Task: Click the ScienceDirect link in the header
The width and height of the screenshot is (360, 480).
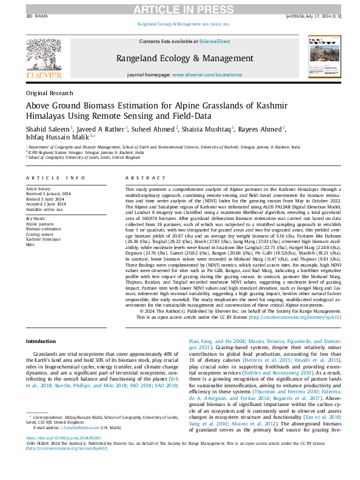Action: pyautogui.click(x=215, y=41)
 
